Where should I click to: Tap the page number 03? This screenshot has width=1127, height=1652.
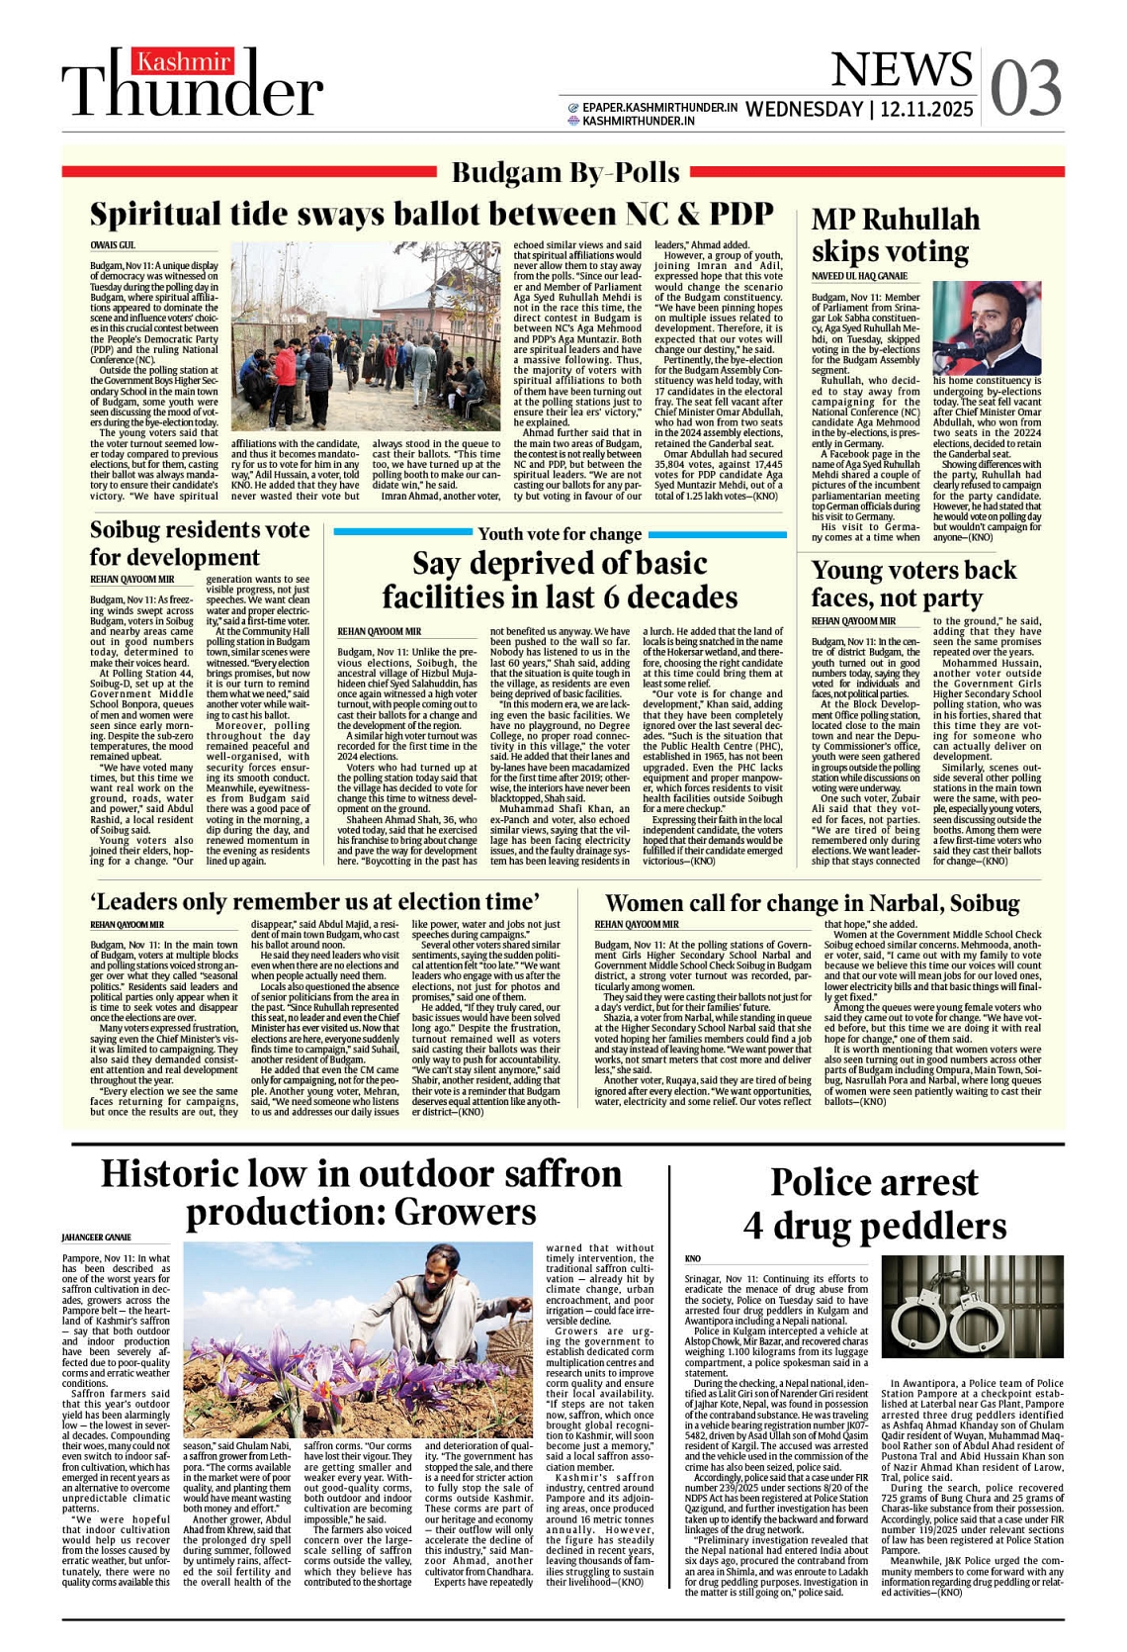(1025, 87)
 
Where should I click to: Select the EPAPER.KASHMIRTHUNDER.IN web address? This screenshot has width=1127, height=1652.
(659, 107)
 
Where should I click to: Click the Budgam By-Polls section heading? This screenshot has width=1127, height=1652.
(564, 172)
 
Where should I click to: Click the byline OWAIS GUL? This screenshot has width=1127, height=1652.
(113, 244)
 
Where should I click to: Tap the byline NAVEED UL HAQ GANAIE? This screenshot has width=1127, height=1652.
(859, 276)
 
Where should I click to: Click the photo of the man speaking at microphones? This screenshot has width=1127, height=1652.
(986, 328)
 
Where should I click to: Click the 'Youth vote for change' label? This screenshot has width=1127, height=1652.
(560, 534)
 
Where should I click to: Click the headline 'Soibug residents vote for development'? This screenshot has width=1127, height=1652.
(200, 543)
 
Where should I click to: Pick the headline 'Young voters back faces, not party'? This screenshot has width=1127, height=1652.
(912, 584)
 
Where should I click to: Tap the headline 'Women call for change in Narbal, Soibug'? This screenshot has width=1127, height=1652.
(812, 903)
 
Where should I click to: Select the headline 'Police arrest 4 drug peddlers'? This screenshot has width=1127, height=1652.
(874, 1204)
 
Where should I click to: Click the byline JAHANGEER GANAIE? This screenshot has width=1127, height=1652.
(96, 1238)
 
